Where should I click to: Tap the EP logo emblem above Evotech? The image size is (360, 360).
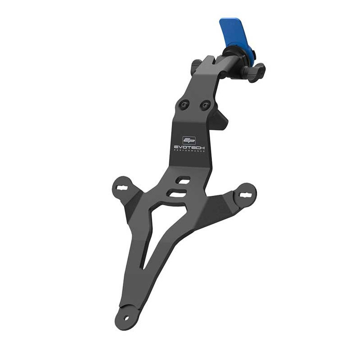pos(189,140)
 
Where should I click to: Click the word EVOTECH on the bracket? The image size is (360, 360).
pos(189,147)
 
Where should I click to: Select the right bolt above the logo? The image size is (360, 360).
pos(205,106)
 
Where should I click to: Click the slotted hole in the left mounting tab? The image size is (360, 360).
pos(122,187)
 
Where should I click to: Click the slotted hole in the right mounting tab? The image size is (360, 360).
pos(246,195)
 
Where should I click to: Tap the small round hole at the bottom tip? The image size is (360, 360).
pos(126,318)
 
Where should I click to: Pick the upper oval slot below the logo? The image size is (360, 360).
pos(183,180)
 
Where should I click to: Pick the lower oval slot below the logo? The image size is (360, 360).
pos(176,193)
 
